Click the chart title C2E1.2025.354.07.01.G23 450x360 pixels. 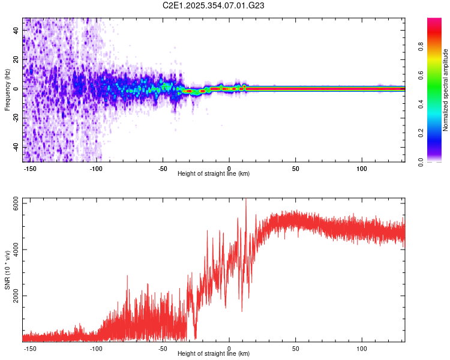tap(214, 5)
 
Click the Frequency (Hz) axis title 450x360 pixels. tap(7, 89)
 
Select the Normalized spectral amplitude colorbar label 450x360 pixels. tap(446, 89)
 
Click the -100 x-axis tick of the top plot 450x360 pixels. tap(96, 169)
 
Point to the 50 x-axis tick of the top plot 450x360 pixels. tap(295, 169)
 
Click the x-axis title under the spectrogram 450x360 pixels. tap(214, 174)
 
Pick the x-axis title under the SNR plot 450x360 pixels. tap(214, 354)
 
